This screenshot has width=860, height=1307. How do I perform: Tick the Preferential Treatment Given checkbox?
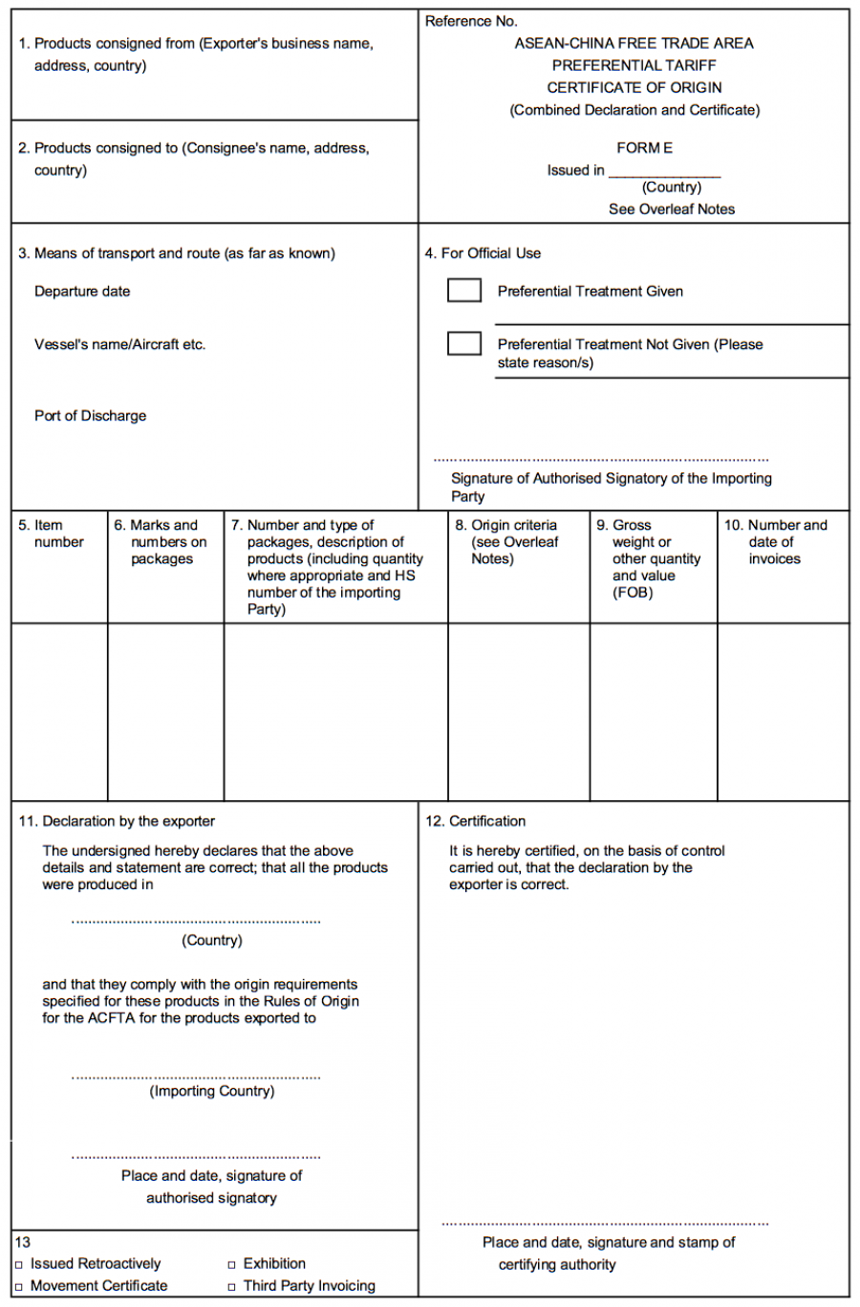(x=464, y=290)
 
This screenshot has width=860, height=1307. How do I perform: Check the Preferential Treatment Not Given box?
(x=464, y=342)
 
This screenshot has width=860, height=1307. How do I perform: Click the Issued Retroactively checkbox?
(x=18, y=1265)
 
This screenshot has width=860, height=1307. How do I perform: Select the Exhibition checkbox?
(x=231, y=1265)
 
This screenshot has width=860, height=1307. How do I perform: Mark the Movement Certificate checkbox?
(x=18, y=1287)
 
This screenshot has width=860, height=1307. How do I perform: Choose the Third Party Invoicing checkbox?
(x=231, y=1287)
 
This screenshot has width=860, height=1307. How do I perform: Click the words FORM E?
(x=644, y=148)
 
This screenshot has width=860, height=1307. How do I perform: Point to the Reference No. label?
(x=471, y=21)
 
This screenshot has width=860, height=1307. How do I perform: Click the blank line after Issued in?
(x=664, y=171)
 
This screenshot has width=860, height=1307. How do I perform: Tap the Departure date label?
(x=82, y=292)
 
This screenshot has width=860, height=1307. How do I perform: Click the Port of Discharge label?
(x=90, y=416)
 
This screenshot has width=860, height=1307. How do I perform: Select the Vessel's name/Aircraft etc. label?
(x=119, y=344)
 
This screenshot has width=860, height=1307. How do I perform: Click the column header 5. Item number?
(x=52, y=534)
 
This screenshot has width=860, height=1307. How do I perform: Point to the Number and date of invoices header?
(x=775, y=541)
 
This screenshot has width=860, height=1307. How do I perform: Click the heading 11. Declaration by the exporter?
(x=117, y=821)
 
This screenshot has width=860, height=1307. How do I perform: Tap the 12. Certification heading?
(x=475, y=821)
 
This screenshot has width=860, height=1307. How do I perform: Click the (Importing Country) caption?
(x=211, y=1091)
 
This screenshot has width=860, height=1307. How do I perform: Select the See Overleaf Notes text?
(x=672, y=209)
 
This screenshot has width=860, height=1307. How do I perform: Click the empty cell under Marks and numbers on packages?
(x=165, y=711)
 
